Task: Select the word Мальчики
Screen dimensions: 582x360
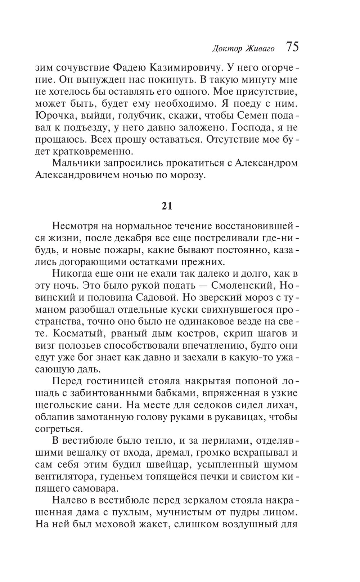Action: [x=76, y=163]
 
